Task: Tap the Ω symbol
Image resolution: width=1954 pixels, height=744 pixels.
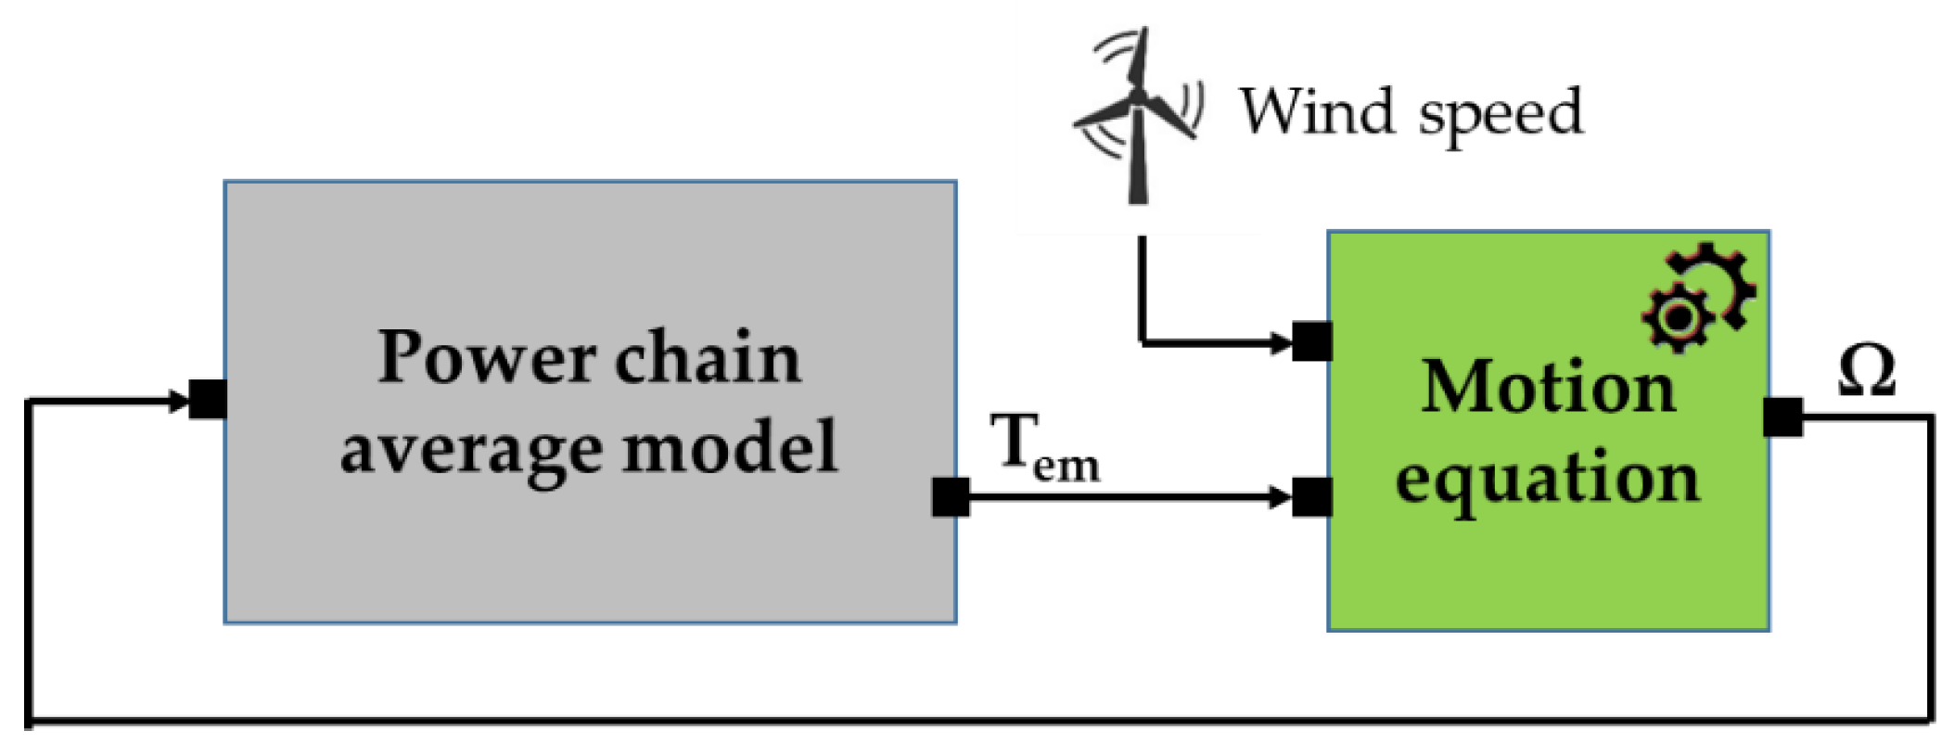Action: [1866, 372]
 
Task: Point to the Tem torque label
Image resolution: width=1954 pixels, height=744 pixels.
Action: [1044, 447]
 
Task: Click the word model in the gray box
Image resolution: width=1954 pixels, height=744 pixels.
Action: [730, 447]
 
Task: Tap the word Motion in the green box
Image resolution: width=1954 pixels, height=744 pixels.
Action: [1548, 386]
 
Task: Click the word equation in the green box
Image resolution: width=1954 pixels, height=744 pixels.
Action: [1548, 480]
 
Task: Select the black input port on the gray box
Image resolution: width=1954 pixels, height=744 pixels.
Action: [208, 400]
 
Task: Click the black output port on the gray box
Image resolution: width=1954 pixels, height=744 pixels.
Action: [951, 497]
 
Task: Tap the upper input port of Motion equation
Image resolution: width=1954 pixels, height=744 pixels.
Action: [1312, 341]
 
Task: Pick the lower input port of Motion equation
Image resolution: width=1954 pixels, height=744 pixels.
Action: [1312, 497]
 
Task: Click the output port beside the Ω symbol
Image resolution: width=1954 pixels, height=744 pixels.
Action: [1782, 417]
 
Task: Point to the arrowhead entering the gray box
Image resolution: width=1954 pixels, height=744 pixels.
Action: [178, 401]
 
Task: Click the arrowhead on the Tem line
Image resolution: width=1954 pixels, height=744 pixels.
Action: [1281, 497]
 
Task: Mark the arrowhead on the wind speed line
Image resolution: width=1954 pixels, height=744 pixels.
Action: [1281, 342]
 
